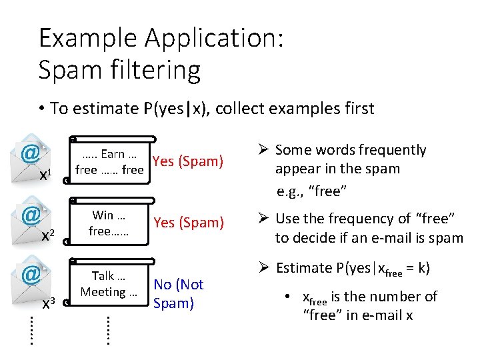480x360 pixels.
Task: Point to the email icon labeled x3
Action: tap(29, 276)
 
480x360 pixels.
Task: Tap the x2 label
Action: tap(47, 235)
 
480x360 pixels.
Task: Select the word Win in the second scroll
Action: tap(103, 215)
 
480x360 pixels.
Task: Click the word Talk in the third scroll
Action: tap(103, 276)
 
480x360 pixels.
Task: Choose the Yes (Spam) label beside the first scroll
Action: tap(187, 161)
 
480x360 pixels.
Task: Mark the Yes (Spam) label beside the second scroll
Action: tap(189, 223)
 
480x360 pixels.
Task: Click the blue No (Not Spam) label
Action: tap(178, 294)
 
